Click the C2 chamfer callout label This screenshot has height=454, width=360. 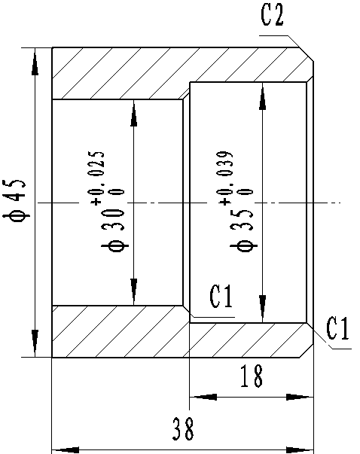coord(272,14)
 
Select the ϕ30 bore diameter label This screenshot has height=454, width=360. coord(115,231)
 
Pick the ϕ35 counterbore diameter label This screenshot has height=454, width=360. coord(244,231)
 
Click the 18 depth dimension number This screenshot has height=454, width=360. coord(252,376)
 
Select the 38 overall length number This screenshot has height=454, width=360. coord(183,429)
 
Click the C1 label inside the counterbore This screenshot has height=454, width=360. coord(221,296)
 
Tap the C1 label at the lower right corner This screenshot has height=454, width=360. coord(337,328)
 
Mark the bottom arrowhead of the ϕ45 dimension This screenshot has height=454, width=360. coord(35,343)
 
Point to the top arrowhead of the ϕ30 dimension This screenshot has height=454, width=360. coord(133,113)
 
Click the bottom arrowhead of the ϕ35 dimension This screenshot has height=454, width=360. coord(262,309)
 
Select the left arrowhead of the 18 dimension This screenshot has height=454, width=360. coord(203,397)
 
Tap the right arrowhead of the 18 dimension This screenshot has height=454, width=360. coord(300,397)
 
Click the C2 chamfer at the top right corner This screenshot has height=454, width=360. coord(307,54)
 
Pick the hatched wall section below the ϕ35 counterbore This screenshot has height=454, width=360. coord(249,340)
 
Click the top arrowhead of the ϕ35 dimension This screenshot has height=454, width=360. coord(262,96)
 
